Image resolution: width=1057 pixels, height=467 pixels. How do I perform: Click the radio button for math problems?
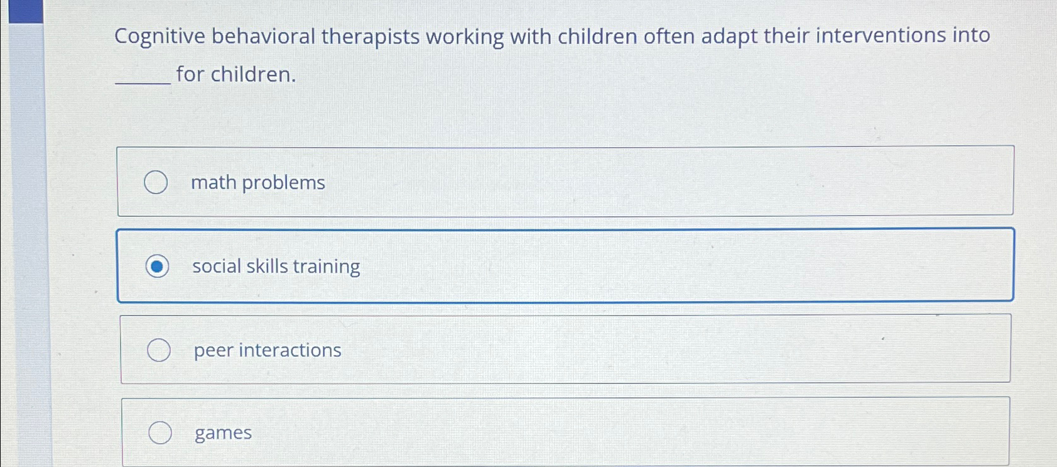coord(156,182)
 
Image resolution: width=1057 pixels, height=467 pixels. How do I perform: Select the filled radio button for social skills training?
coord(157,266)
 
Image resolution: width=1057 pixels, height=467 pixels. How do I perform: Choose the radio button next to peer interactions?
coord(159,350)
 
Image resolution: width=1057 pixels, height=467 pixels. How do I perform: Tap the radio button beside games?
coord(160,432)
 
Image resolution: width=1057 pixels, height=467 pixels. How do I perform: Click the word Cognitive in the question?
coord(160,37)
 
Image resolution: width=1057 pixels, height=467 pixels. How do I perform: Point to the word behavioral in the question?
coord(263,36)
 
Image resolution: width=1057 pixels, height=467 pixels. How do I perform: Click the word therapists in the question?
coord(371,36)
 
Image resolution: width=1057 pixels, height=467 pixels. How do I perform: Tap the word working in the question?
coord(465,36)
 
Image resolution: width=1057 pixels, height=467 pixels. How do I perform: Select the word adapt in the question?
coord(729,36)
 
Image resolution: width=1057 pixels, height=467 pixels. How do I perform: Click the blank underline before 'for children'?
coord(143,79)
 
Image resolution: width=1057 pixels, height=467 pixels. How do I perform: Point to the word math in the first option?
coord(214,182)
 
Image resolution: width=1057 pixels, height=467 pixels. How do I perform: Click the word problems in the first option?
coord(283,182)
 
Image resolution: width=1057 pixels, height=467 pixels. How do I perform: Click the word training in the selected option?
coord(327,266)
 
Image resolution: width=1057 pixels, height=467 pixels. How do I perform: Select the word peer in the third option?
coord(214,350)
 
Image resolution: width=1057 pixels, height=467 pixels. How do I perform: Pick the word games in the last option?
coord(223,433)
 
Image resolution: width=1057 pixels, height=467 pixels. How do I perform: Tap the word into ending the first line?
coord(971,35)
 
